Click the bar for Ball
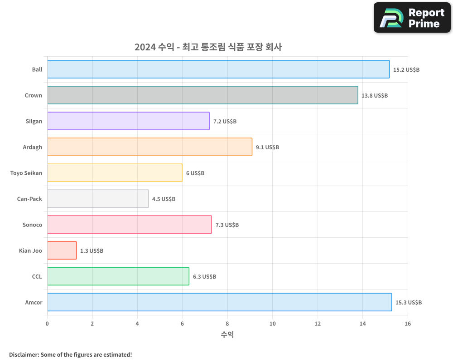point(218,69)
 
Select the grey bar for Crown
point(202,95)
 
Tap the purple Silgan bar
point(128,121)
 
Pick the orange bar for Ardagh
point(149,147)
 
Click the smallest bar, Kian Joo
point(62,250)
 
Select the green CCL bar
point(118,276)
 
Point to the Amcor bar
point(219,302)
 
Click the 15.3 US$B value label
point(408,302)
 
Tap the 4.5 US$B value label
point(164,199)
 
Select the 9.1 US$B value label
point(267,147)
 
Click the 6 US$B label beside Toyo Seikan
point(195,173)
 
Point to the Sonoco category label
point(32,225)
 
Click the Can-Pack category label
point(29,199)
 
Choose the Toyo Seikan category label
point(26,173)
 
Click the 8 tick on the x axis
point(227,324)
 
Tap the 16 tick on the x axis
point(408,324)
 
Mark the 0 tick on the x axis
point(47,324)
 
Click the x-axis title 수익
point(227,335)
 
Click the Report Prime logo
point(412,18)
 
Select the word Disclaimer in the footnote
point(24,354)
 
